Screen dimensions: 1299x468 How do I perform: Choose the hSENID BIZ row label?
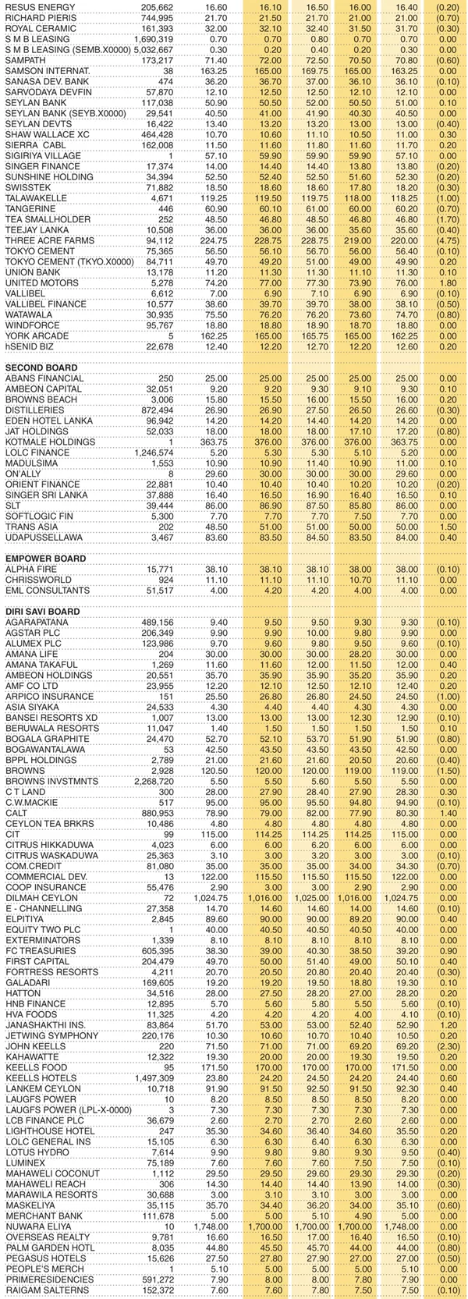click(x=30, y=346)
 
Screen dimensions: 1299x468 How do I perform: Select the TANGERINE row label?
click(x=30, y=208)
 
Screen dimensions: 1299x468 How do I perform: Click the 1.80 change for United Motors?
click(x=448, y=282)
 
